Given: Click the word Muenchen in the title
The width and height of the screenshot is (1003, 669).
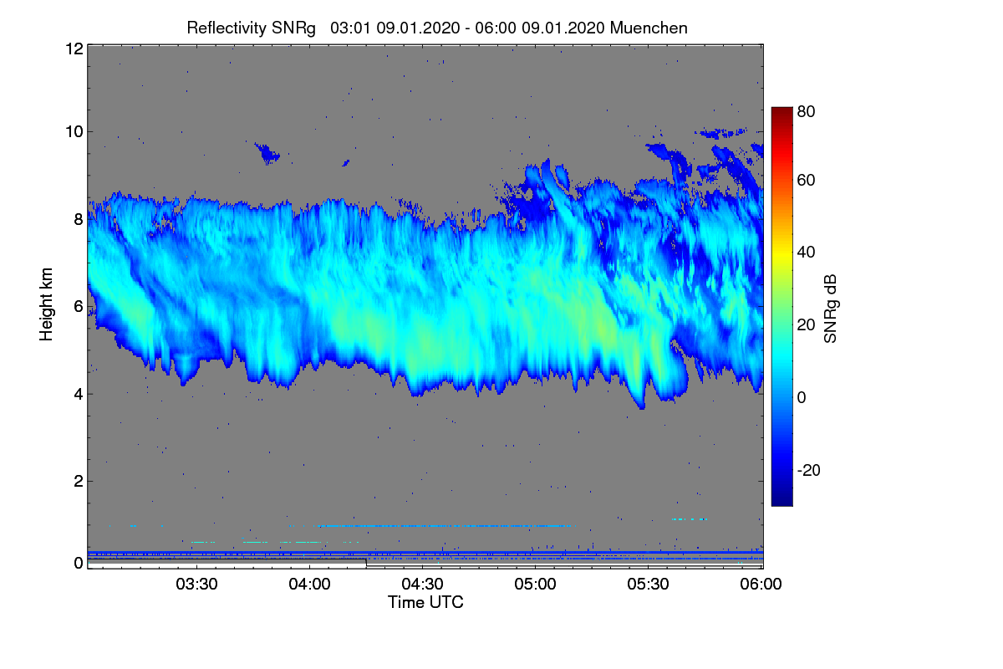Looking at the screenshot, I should tap(649, 28).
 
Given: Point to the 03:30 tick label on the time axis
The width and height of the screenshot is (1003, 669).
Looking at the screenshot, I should tap(196, 585).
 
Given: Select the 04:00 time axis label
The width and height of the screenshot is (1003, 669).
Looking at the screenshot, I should tap(309, 585).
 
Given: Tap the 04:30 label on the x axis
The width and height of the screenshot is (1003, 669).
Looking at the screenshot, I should tap(423, 585).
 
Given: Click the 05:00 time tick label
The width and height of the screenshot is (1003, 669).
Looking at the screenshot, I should tap(536, 585).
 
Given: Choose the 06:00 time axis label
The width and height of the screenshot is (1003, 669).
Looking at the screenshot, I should tap(761, 585).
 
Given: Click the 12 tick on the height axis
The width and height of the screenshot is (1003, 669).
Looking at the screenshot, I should tap(74, 49).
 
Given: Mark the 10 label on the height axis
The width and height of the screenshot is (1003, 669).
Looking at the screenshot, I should tap(74, 131).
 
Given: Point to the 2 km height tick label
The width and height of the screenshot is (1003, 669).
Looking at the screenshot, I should tap(78, 481).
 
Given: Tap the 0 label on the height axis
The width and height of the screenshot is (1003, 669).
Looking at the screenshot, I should tap(78, 563).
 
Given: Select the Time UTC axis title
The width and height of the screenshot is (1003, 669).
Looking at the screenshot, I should tap(425, 602).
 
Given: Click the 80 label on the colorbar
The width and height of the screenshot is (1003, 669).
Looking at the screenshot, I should tap(806, 110).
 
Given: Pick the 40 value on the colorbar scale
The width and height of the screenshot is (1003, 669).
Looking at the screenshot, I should tap(806, 252).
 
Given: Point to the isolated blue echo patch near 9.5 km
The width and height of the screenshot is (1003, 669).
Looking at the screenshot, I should tap(267, 153).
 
